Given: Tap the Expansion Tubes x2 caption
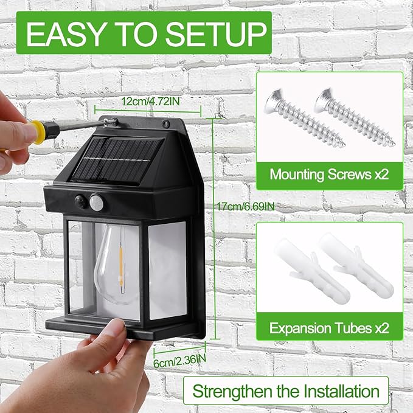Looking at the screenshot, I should tap(329, 328).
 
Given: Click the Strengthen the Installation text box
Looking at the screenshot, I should tap(285, 390).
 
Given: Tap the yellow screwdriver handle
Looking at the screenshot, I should tap(38, 131).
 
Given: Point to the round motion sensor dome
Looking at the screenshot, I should tap(96, 201).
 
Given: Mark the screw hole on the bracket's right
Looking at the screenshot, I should tap(166, 124).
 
